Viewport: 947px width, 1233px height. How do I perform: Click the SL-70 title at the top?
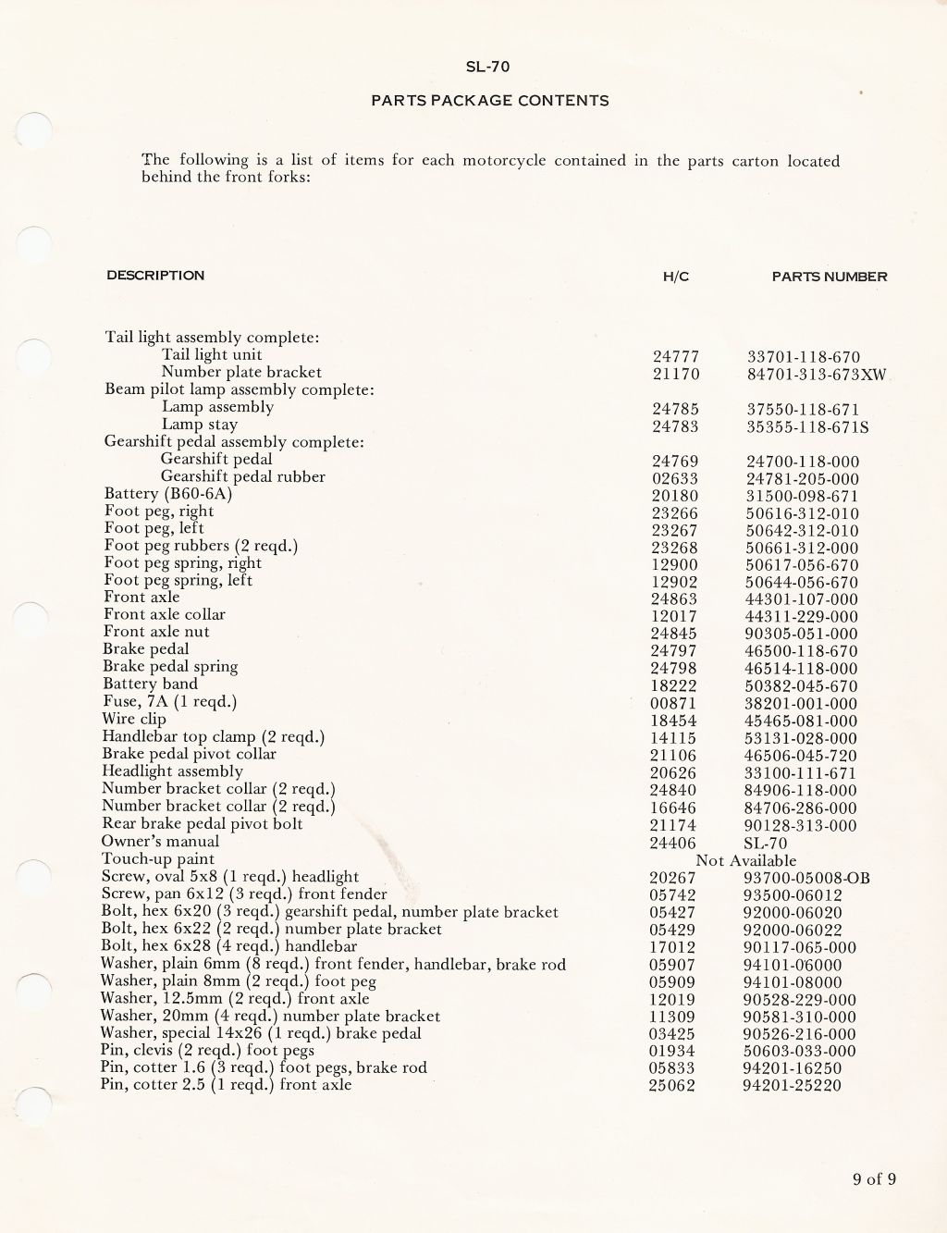pyautogui.click(x=488, y=67)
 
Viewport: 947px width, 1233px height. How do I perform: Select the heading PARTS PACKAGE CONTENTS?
pyautogui.click(x=489, y=101)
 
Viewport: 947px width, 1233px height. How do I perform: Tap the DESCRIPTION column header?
pyautogui.click(x=155, y=276)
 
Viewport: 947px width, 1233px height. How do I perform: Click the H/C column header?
pyautogui.click(x=676, y=277)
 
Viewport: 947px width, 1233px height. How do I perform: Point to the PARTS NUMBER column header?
pyautogui.click(x=829, y=277)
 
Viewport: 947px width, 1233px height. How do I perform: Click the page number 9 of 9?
pyautogui.click(x=874, y=1178)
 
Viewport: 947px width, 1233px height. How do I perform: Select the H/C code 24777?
pyautogui.click(x=675, y=357)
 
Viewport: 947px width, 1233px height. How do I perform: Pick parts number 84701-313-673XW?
pyautogui.click(x=817, y=375)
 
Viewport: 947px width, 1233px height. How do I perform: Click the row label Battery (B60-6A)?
pyautogui.click(x=168, y=494)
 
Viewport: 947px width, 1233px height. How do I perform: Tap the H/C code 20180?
pyautogui.click(x=674, y=496)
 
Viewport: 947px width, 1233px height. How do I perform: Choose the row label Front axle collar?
pyautogui.click(x=164, y=615)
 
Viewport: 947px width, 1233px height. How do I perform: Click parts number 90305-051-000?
pyautogui.click(x=801, y=635)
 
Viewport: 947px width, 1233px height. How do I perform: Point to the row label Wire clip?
pyautogui.click(x=134, y=719)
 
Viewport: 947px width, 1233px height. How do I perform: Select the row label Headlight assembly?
pyautogui.click(x=172, y=771)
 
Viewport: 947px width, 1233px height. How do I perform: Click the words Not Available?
pyautogui.click(x=745, y=860)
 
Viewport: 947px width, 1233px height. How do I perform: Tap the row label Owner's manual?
pyautogui.click(x=160, y=842)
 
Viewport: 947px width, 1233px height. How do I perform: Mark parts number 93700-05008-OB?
pyautogui.click(x=806, y=878)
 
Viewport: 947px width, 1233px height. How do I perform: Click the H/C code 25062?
pyautogui.click(x=671, y=1086)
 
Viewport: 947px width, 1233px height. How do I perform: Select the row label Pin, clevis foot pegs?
pyautogui.click(x=207, y=1051)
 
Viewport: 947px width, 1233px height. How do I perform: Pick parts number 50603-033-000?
pyautogui.click(x=799, y=1052)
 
